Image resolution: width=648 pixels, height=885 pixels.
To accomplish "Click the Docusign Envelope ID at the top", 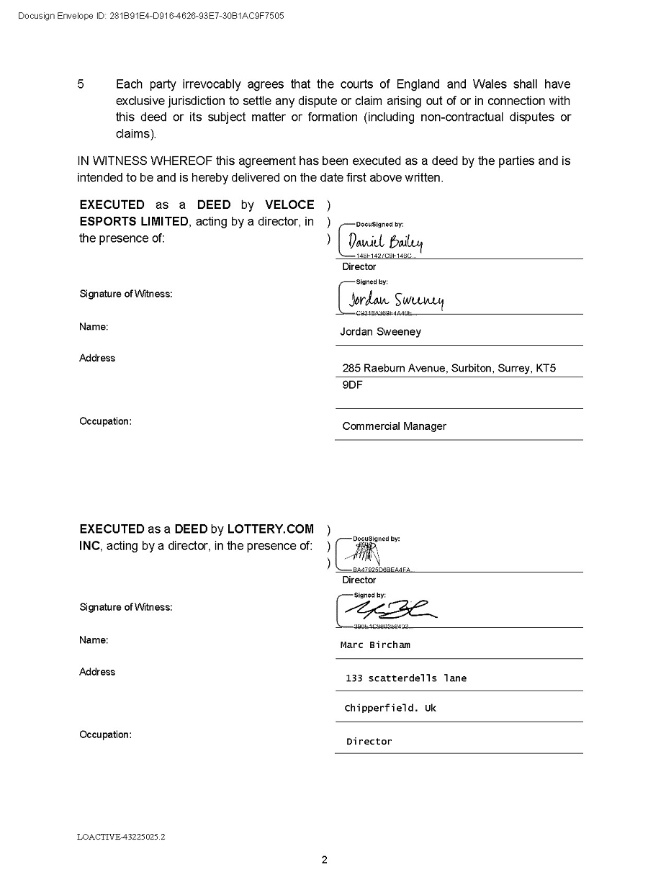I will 150,16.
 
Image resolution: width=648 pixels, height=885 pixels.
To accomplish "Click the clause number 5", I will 81,85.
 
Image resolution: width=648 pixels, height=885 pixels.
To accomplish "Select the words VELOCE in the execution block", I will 284,205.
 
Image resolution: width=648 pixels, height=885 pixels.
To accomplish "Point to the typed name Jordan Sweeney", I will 380,332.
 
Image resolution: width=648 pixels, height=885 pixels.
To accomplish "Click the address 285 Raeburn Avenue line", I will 449,368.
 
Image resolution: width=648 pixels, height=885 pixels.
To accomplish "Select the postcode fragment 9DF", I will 352,385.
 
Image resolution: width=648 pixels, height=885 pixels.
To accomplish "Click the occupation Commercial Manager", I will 394,426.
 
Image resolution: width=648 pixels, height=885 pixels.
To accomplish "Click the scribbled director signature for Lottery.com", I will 364,554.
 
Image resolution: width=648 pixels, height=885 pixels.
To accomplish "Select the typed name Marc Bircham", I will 375,645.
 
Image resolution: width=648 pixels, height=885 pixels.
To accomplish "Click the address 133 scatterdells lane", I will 406,678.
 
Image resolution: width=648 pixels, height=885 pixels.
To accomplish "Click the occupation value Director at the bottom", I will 369,742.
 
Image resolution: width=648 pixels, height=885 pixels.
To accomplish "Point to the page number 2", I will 324,860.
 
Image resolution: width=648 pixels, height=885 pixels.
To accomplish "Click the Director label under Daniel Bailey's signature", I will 359,267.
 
